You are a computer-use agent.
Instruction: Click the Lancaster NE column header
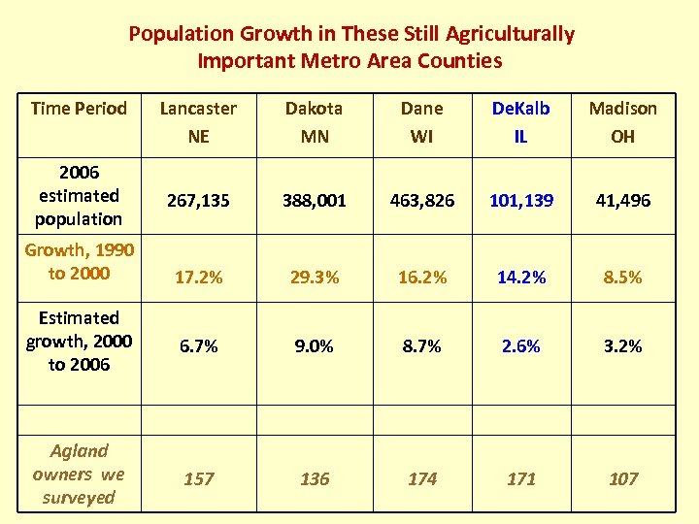coord(198,122)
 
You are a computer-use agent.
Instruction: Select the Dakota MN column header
coord(315,122)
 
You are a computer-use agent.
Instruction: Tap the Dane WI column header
coord(421,122)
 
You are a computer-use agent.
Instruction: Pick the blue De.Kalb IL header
coord(520,122)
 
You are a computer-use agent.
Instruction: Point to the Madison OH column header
coord(622,122)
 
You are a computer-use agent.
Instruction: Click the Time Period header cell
coord(79,109)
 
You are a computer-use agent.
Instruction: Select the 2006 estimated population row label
coord(79,196)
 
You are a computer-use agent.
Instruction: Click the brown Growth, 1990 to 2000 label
coord(79,262)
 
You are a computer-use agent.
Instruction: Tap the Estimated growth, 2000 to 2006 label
coord(79,342)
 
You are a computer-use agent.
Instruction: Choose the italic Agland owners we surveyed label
coord(79,474)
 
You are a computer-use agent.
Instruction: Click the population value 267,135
coord(198,201)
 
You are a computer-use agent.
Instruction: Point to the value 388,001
coord(315,201)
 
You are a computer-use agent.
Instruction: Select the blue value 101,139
coord(521,201)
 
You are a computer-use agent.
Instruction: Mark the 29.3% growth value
coord(315,278)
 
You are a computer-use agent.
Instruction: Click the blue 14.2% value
coord(521,278)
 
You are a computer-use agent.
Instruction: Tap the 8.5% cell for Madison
coord(622,278)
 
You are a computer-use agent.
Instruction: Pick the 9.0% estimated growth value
coord(315,346)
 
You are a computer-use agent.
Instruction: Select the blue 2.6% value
coord(521,346)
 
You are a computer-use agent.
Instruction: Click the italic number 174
coord(422,479)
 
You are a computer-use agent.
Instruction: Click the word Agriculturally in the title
coord(510,34)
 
